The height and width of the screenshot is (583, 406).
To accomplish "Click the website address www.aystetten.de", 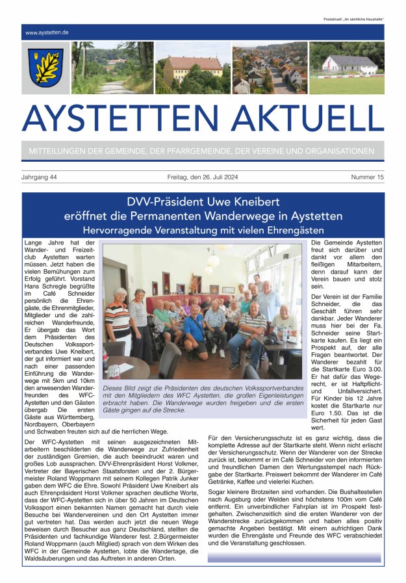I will point(47,32).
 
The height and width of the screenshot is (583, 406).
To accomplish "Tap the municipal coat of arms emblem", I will point(45,68).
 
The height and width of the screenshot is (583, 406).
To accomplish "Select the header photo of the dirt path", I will point(112,68).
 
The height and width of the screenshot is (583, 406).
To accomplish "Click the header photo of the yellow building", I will point(193,68).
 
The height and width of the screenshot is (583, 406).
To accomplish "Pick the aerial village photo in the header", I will point(270,68).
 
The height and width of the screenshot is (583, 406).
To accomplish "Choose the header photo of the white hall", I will point(347,68).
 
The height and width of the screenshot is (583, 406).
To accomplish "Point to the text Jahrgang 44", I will point(39,177).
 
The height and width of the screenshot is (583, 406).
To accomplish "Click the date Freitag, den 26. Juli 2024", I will point(203,177).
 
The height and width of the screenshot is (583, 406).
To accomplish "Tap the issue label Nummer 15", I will point(367,177).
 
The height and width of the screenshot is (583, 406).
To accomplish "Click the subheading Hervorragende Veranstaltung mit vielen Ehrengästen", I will point(203,229).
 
